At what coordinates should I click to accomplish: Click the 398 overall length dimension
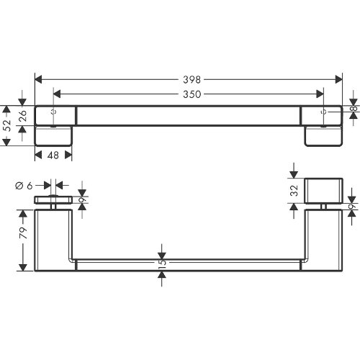coord(192,80)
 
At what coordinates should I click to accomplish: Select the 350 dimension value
coord(192,94)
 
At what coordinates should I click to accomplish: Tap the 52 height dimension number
coord(8,125)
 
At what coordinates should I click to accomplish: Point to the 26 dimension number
coord(22,116)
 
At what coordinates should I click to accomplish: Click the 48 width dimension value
coord(53,156)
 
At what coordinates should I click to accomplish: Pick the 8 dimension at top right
coord(354,109)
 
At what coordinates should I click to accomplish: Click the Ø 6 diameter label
coord(24,186)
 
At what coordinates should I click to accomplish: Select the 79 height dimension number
coord(23,233)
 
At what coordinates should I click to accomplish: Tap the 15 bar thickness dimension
coord(163,262)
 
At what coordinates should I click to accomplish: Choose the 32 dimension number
coord(294,191)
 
